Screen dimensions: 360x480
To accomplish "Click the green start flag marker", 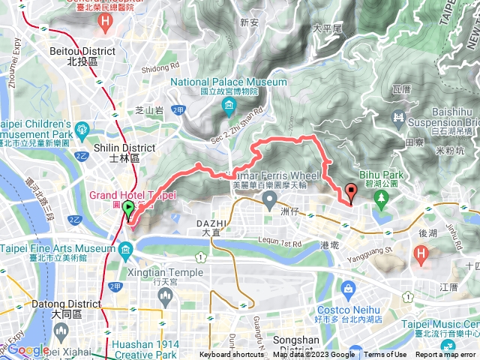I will point(128,210).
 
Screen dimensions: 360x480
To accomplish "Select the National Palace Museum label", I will point(229,82).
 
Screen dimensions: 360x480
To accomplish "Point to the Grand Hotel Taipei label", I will point(133,195).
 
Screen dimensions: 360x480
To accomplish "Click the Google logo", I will point(28,349).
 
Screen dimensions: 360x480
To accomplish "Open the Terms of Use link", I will point(385,355).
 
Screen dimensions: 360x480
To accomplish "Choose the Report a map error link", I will point(447,355).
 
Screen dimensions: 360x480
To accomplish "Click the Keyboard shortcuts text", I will point(232,355).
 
